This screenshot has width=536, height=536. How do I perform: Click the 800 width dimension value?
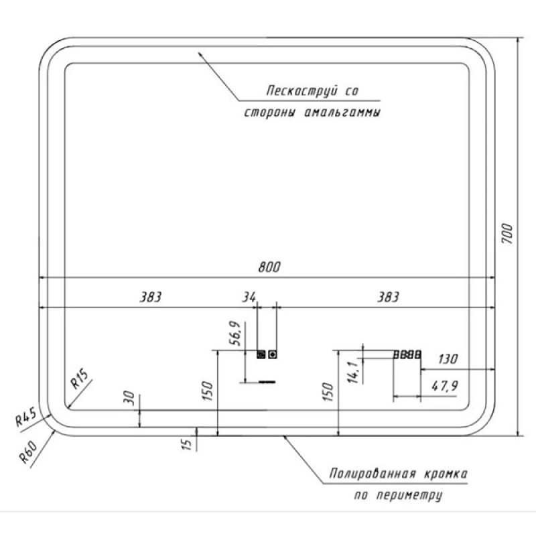point(269,267)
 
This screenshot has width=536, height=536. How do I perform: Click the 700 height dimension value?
point(508,234)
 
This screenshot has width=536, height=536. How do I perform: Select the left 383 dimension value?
point(150,297)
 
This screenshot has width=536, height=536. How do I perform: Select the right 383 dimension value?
point(389,297)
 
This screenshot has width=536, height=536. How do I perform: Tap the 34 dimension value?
point(249,297)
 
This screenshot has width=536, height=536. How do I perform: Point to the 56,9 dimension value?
point(237,333)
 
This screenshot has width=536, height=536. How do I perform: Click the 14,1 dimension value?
point(353,372)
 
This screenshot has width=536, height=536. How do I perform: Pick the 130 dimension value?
point(448,359)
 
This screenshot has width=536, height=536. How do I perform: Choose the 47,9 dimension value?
point(445,387)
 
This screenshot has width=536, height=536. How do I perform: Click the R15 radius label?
point(79,379)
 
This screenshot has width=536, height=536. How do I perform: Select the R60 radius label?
point(28,452)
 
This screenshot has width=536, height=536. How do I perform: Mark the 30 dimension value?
point(129,398)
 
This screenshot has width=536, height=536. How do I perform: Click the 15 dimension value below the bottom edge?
point(187,444)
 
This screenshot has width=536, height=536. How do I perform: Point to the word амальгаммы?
point(342,113)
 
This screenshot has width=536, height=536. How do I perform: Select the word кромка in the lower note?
point(446,474)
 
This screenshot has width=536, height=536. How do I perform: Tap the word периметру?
point(409,495)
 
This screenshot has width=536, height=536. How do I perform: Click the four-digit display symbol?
point(407,355)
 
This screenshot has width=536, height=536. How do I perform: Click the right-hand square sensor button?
point(273,354)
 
